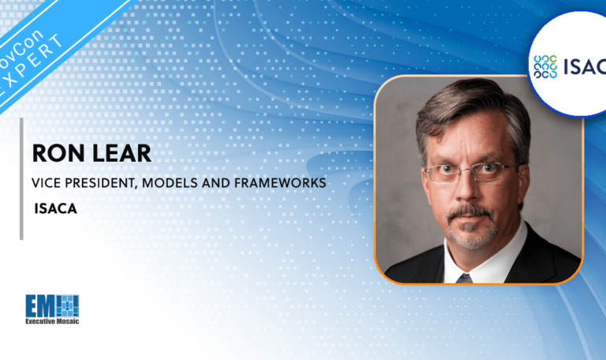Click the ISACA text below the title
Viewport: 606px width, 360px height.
50,209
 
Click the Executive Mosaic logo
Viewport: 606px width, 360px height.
52,309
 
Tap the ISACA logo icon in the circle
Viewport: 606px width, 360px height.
547,67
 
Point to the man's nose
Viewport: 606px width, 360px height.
471,189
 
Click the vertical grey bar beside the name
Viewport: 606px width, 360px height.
21,178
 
